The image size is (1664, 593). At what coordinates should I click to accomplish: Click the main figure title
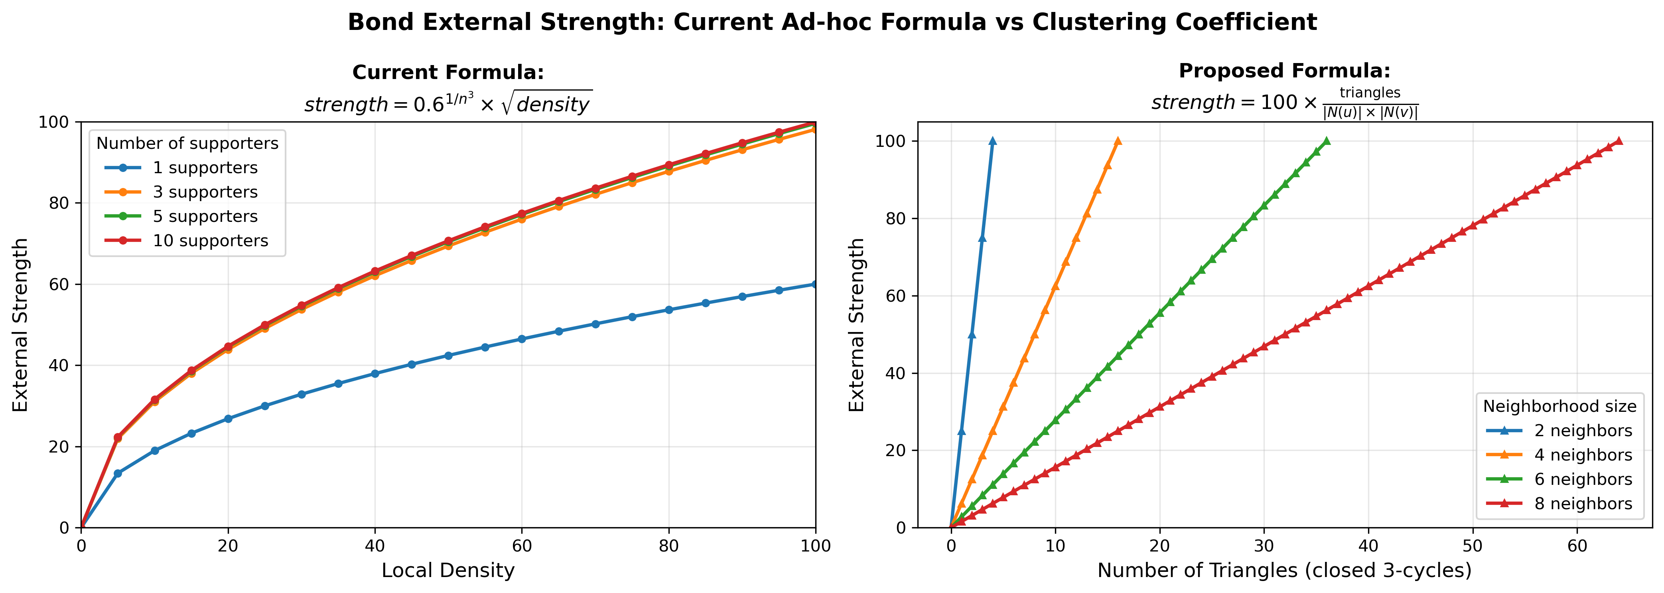pos(832,22)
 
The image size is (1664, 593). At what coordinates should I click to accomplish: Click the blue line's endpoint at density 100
pos(815,284)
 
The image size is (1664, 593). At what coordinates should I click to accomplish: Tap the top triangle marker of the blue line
pos(992,141)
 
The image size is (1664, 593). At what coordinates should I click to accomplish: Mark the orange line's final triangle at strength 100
pos(1118,141)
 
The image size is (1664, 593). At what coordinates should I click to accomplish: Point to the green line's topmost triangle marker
pos(1327,141)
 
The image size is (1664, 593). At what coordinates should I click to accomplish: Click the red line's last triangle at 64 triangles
pos(1619,141)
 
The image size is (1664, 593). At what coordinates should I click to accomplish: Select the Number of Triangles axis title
pos(1284,570)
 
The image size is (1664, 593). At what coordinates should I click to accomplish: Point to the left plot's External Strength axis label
pos(21,325)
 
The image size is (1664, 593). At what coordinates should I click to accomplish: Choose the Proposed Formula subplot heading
pos(1284,71)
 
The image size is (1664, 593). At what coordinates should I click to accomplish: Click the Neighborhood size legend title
pos(1560,406)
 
